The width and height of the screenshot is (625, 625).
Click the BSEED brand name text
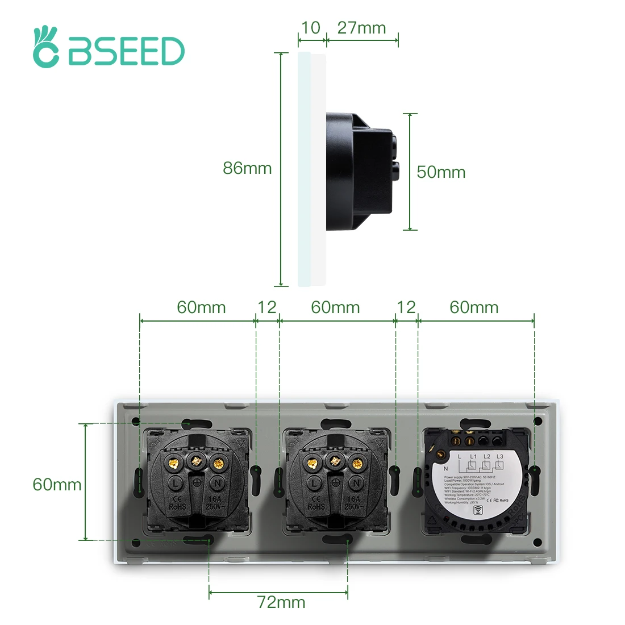(x=127, y=52)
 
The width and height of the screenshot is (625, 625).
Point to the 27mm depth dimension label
(x=361, y=28)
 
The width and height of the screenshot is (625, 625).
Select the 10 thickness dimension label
(x=310, y=28)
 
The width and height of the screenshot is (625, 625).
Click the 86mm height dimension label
(x=247, y=168)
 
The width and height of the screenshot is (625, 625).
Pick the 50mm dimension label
(x=441, y=172)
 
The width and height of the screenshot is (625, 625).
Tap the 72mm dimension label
(x=281, y=602)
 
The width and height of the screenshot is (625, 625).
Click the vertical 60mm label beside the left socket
(x=57, y=485)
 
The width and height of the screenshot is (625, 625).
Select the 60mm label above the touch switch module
(x=474, y=307)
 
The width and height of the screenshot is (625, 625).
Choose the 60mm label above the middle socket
(x=335, y=307)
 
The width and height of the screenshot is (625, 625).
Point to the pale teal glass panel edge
(x=304, y=170)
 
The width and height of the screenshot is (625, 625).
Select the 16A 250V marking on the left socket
(x=214, y=503)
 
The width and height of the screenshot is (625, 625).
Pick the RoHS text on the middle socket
(x=316, y=506)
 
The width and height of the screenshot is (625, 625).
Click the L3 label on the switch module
(x=500, y=456)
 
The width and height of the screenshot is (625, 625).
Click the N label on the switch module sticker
(x=446, y=469)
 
